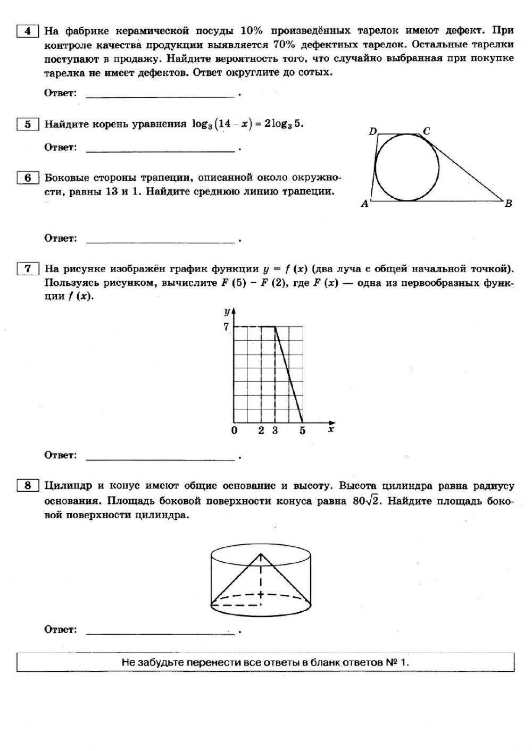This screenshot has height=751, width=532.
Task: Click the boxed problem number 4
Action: point(27,31)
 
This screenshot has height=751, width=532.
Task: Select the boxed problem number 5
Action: point(27,124)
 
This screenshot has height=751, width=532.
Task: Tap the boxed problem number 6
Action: point(27,178)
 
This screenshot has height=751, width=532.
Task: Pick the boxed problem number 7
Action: point(27,268)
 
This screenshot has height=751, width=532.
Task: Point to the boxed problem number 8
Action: point(27,485)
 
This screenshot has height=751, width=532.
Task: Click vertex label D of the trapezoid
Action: point(373,131)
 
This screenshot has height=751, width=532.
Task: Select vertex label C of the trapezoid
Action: point(426,131)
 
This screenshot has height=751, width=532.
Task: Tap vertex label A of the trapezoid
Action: point(364,204)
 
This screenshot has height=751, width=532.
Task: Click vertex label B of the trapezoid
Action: point(508,204)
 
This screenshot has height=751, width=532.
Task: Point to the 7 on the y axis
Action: point(226,326)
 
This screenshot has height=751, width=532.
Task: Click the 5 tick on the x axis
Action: point(302,431)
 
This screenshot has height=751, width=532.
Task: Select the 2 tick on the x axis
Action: point(261,431)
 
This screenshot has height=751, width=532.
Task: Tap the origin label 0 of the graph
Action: point(234,431)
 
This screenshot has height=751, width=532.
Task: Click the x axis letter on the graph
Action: point(330,429)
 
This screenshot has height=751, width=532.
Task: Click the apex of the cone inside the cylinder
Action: point(261,554)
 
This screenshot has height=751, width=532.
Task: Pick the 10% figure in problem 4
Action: point(252,31)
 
